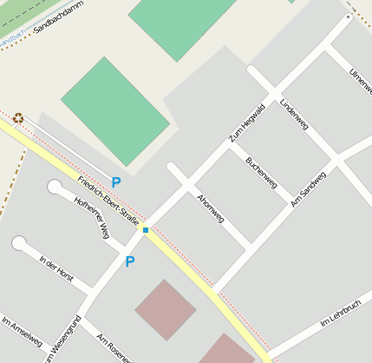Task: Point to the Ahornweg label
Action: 211,208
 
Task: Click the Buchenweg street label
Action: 261,172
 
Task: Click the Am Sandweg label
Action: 309,188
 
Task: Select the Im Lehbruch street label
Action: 340,313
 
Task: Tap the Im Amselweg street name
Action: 22,332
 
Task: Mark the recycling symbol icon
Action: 18,117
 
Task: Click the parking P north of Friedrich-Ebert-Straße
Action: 116,183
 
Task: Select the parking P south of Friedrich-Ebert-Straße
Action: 130,261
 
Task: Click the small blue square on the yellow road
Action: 146,230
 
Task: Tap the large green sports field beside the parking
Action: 114,110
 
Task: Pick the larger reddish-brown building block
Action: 165,309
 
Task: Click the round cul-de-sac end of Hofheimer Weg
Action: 55,187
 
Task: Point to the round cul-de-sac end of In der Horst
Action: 19,243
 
